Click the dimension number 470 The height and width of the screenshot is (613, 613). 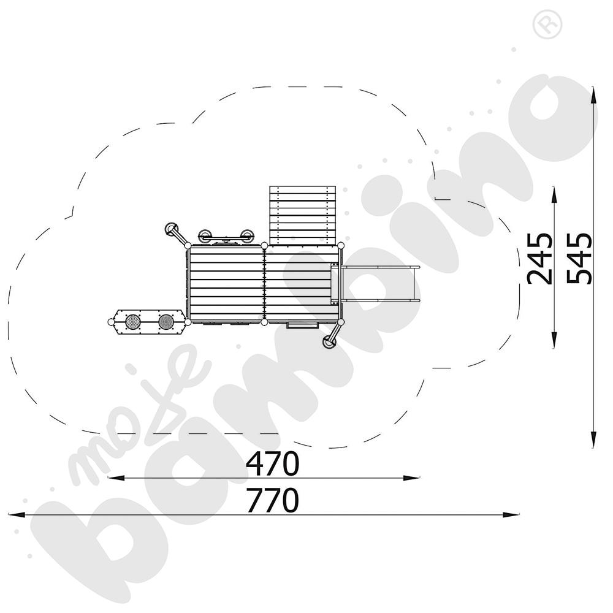(x=273, y=463)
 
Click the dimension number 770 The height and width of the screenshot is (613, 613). (x=273, y=500)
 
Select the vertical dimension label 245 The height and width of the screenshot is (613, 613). (x=540, y=259)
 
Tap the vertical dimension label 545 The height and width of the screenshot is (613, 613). (x=580, y=259)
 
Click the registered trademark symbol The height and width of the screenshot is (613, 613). (x=547, y=25)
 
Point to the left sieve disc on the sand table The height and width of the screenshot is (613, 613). (x=133, y=322)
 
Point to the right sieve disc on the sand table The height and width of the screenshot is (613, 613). (x=166, y=322)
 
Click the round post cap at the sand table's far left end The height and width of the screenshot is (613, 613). (x=112, y=322)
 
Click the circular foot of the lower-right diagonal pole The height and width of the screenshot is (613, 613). (x=329, y=343)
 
